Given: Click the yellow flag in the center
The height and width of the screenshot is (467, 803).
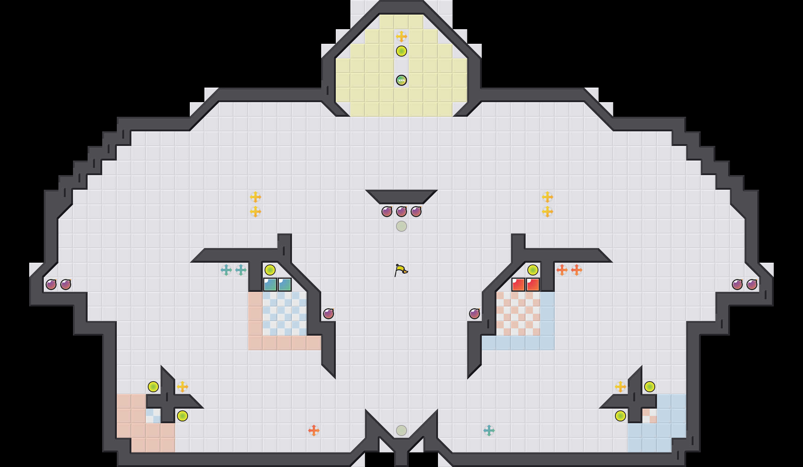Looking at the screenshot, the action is click(x=401, y=270).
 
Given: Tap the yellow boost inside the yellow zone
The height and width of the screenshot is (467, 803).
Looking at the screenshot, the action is click(x=401, y=36).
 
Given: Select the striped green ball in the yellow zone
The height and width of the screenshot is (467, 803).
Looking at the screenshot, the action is click(x=401, y=80).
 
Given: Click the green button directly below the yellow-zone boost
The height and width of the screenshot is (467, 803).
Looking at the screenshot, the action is click(x=401, y=51).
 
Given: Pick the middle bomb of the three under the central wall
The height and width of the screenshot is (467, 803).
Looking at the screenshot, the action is click(x=401, y=211).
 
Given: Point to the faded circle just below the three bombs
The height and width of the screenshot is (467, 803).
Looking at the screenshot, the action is click(x=401, y=226).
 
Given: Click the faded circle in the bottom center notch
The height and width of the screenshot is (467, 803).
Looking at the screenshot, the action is click(x=401, y=431).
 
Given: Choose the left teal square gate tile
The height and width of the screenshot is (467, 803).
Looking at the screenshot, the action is click(x=270, y=285).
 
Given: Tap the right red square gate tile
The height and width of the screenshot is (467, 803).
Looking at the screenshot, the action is click(x=533, y=285).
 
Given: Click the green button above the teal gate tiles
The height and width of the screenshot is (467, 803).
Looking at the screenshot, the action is click(x=270, y=270).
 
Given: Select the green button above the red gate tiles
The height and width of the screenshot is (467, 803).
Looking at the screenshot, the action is click(x=533, y=270).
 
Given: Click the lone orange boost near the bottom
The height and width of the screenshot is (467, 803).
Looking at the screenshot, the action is click(x=314, y=431).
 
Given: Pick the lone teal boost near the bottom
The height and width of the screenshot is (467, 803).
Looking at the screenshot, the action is click(x=489, y=431).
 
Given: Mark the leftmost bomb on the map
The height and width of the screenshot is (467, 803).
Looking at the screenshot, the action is click(x=51, y=285).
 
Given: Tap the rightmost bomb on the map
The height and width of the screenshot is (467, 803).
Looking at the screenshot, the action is click(x=752, y=285).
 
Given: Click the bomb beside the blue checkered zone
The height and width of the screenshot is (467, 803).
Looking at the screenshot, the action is click(x=328, y=313).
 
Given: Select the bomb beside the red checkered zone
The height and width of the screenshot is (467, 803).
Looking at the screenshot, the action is click(x=474, y=313).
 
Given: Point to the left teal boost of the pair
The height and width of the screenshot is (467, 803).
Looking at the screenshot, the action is click(x=226, y=270).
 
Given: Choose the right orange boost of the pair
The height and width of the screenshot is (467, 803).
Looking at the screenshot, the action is click(x=577, y=270).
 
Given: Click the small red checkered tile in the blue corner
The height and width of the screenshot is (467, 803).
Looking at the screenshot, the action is click(x=650, y=416).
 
